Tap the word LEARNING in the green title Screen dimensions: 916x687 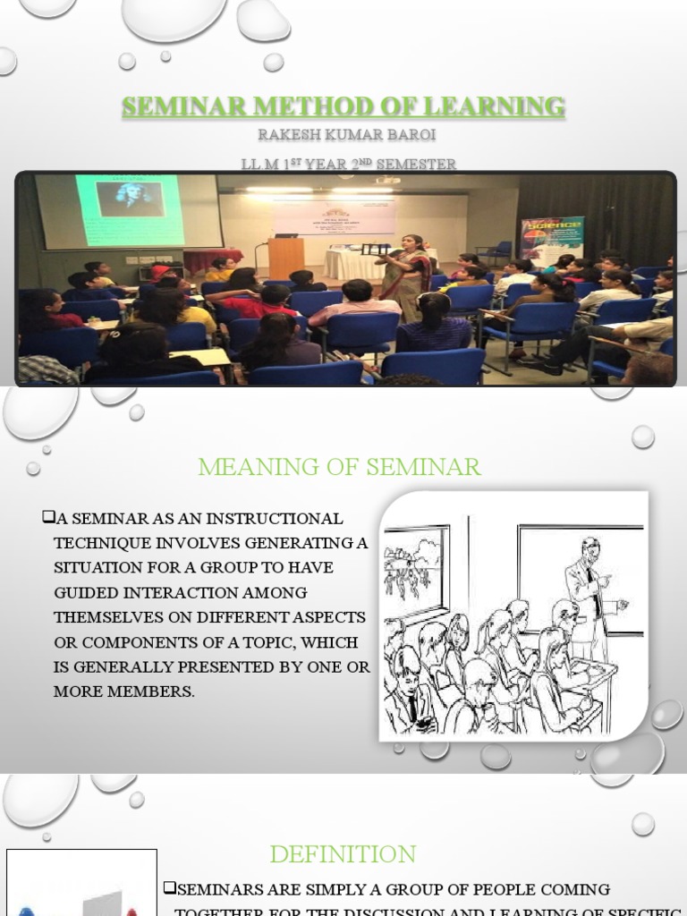(497, 107)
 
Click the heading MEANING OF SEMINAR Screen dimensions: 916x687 (339, 466)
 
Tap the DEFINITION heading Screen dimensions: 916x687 (343, 854)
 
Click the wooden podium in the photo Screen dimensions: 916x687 (285, 257)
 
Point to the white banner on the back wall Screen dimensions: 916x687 (335, 217)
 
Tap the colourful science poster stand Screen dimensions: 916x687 (552, 238)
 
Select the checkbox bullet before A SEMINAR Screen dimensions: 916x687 (48, 518)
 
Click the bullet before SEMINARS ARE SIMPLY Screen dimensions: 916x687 (170, 888)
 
